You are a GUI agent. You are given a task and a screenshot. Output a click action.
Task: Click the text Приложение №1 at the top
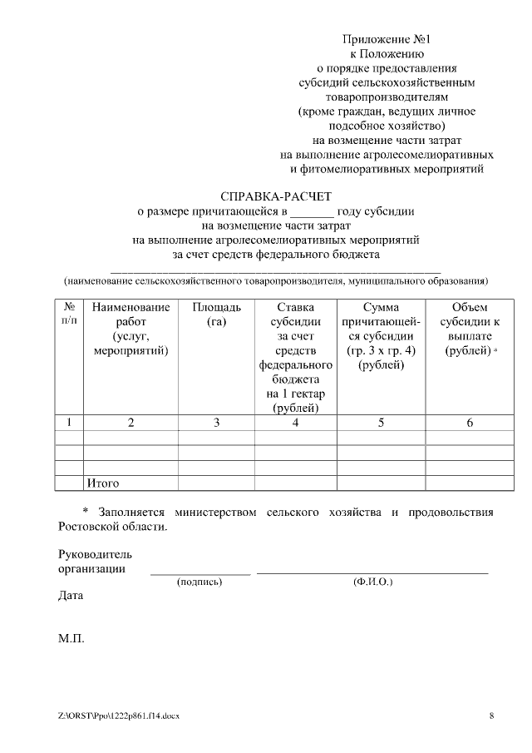point(387,39)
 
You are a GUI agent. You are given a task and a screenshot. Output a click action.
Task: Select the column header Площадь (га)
point(216,315)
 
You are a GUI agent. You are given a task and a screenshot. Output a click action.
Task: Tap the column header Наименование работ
point(131,329)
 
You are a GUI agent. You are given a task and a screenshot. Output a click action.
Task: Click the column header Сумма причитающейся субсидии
point(381,336)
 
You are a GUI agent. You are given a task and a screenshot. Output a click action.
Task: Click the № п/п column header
point(70,314)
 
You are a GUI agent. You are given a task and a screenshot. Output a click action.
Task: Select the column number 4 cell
point(296,423)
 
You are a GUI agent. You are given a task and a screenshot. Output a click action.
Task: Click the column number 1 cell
point(70,423)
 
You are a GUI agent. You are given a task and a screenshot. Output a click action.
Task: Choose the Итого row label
point(103,483)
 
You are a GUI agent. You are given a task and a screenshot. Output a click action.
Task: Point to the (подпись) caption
point(199,582)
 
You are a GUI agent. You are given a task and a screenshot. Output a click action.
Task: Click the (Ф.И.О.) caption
point(372,582)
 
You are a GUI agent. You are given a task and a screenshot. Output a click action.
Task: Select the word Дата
point(71,597)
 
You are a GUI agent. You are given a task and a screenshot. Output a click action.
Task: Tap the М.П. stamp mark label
point(71,640)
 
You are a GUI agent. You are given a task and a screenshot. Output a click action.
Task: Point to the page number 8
point(491,716)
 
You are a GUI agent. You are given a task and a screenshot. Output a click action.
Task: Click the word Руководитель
point(95,554)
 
